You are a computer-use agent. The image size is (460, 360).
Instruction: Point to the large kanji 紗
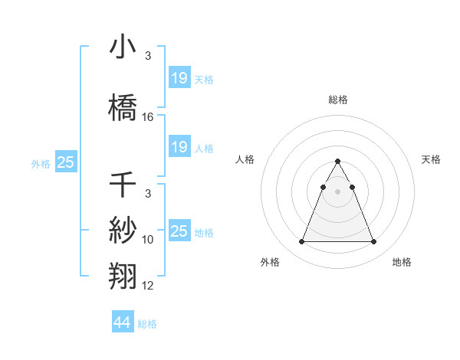[123, 229]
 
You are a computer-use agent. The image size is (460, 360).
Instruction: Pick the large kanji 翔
[123, 274]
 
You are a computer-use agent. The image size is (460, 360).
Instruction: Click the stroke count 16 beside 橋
[148, 116]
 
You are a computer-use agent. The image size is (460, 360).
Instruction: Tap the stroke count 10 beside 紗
[148, 240]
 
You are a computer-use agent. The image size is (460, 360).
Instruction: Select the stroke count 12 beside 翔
[148, 286]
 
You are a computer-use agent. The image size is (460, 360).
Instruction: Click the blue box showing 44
[122, 322]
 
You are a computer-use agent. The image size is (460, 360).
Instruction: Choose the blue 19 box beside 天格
[179, 78]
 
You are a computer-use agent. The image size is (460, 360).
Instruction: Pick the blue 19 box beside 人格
[179, 147]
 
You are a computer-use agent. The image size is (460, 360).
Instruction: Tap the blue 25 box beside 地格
[179, 231]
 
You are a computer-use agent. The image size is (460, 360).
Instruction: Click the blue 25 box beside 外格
[65, 162]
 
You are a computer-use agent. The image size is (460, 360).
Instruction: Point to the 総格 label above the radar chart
[337, 100]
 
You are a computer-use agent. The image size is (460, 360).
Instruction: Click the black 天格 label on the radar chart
[431, 159]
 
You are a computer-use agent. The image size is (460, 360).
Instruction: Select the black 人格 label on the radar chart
[245, 159]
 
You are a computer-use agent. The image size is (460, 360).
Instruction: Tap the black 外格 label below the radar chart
[270, 262]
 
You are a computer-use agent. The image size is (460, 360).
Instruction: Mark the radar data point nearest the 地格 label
[373, 242]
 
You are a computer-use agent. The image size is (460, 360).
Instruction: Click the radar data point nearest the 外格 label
[301, 242]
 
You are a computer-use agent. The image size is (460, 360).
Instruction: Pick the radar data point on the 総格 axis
[337, 162]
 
